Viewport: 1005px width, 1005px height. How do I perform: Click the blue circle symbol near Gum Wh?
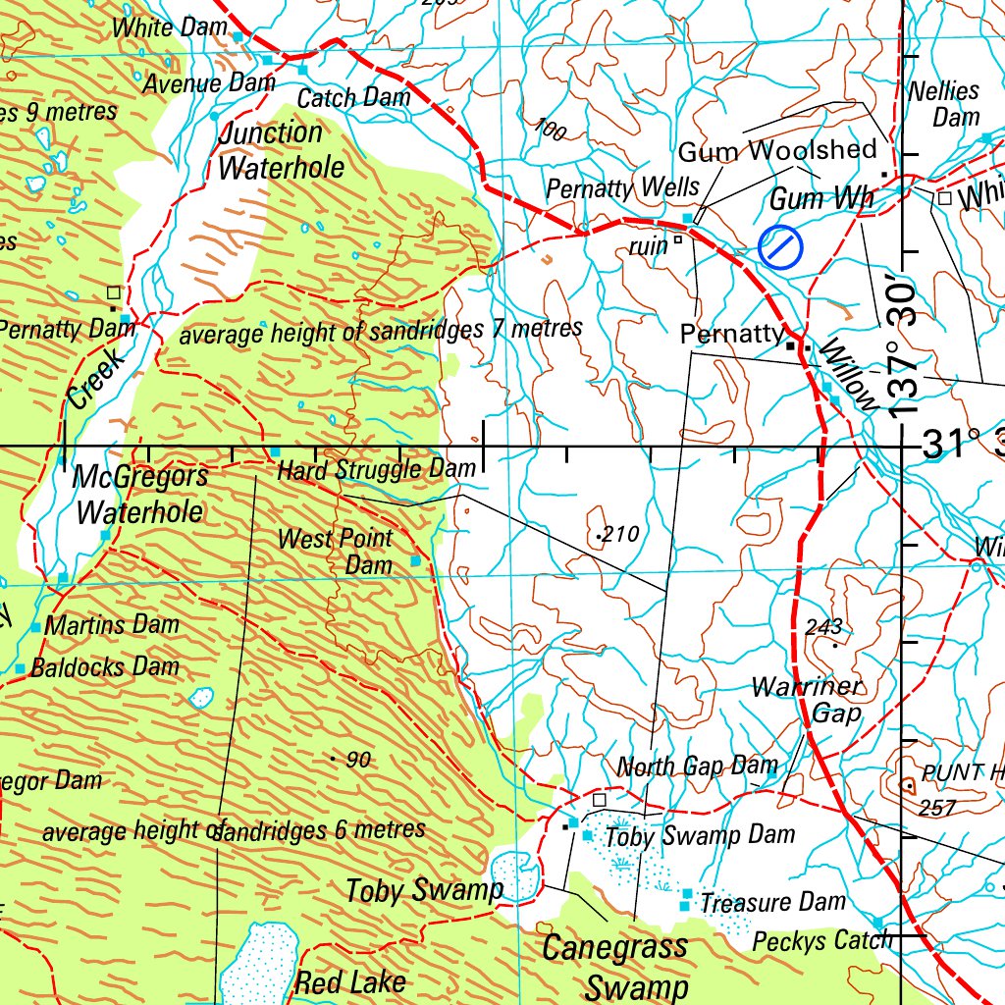780,246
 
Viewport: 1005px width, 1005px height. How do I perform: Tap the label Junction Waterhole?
281,150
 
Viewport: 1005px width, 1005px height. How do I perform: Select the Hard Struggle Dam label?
376,469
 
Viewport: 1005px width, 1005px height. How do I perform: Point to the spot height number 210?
620,535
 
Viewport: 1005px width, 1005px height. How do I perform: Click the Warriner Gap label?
807,700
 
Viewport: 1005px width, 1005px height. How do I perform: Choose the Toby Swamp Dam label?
700,837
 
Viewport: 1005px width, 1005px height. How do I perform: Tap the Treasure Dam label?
772,902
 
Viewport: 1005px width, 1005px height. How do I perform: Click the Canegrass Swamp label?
615,967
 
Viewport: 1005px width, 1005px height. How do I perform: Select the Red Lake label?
350,981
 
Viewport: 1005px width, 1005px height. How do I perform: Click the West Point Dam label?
336,551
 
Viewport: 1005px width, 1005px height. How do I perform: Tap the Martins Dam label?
112,624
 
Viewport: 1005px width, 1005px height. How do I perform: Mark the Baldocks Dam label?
105,668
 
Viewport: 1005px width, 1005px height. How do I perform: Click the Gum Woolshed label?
777,150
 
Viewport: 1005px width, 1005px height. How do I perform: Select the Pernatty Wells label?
623,187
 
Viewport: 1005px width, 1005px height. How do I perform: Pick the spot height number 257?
937,808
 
